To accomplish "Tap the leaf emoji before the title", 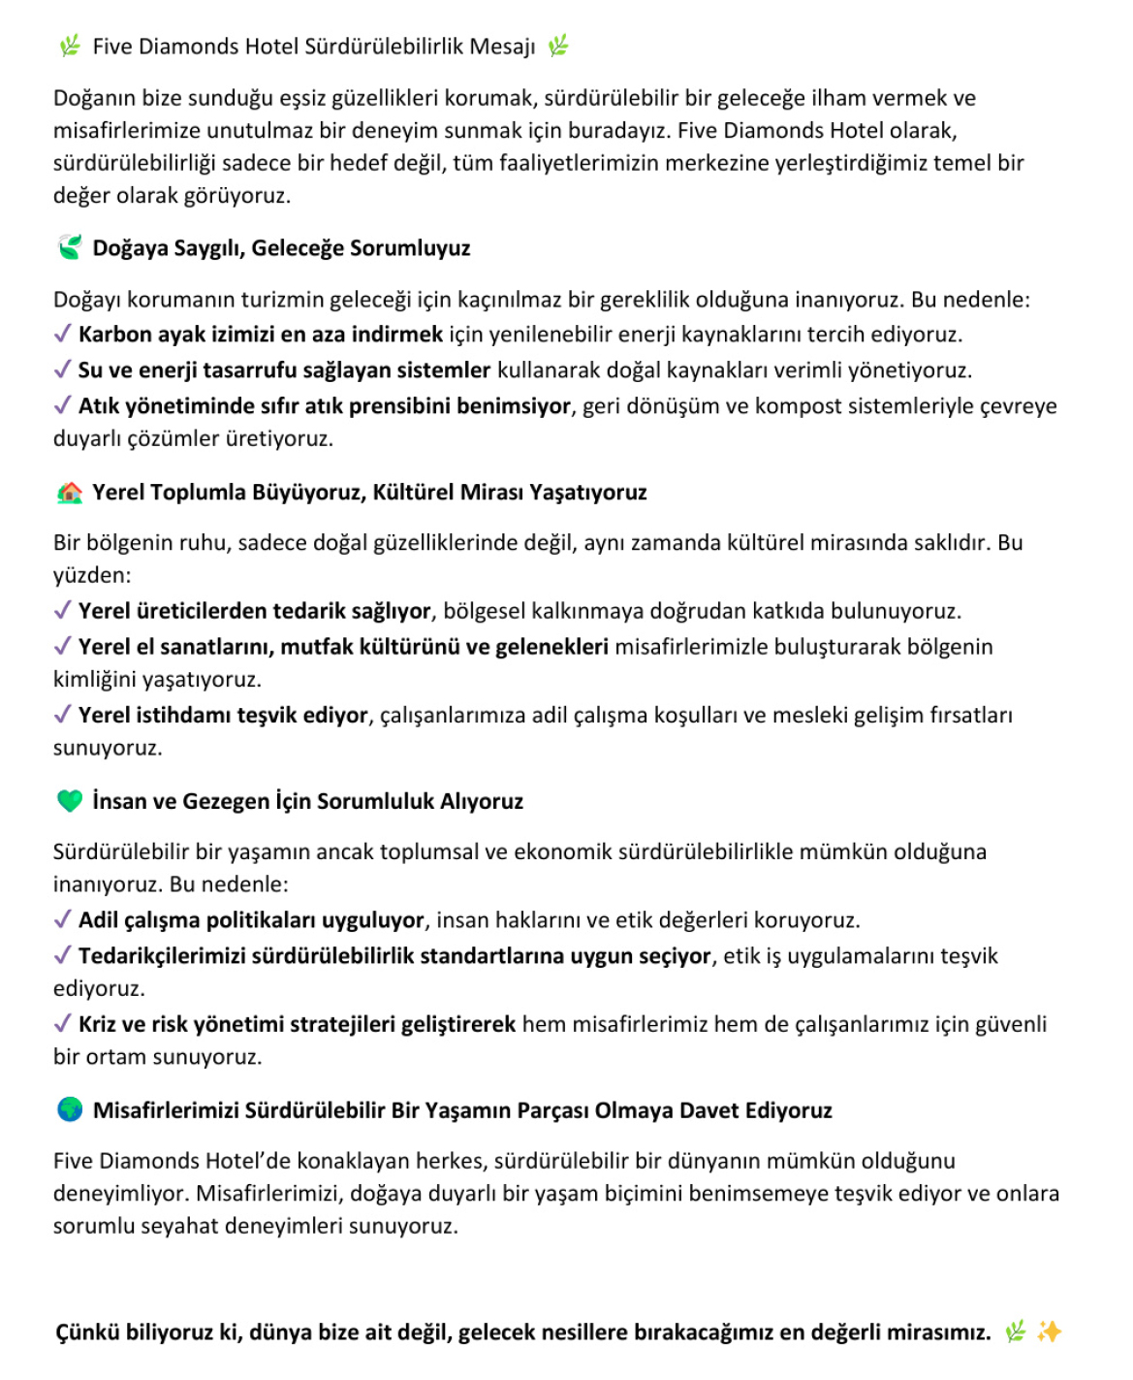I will point(70,46).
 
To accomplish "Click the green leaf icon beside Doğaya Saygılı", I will point(70,247).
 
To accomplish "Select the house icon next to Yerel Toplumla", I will point(70,493).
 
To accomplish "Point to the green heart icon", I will point(70,801).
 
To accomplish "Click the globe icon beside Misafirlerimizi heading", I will point(70,1109).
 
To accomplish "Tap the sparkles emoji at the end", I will point(1049,1332).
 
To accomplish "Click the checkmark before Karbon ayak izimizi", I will point(62,335).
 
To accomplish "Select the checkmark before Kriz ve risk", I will point(62,1024).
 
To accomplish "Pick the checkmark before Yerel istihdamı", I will point(62,715).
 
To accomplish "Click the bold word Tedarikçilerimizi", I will point(162,956).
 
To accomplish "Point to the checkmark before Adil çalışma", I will point(62,920).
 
